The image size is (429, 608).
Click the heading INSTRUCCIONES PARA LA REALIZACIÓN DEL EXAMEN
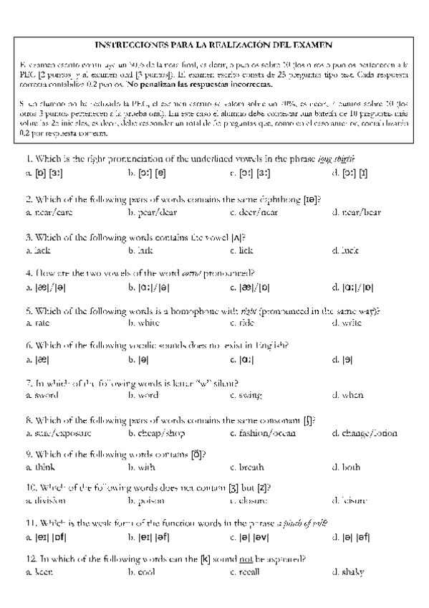[214, 44]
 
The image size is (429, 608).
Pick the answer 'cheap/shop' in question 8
[153, 433]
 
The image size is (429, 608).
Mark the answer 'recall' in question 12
[248, 572]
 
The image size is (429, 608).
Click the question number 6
[28, 345]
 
